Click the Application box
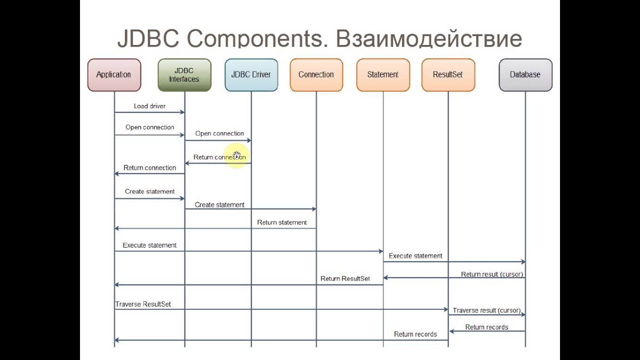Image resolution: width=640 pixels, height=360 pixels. click(x=114, y=75)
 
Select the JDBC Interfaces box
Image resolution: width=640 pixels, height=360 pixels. click(x=184, y=75)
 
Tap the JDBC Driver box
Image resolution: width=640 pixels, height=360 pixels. click(x=251, y=75)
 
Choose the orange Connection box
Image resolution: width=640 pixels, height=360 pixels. click(x=316, y=75)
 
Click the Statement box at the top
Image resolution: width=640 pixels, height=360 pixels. click(x=383, y=75)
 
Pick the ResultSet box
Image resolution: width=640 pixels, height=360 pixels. click(x=448, y=75)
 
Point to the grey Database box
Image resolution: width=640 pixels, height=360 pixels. click(x=525, y=75)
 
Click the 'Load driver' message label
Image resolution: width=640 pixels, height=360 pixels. click(x=149, y=106)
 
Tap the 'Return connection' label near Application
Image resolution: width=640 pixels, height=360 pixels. click(x=149, y=168)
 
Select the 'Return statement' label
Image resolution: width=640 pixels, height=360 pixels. click(x=282, y=222)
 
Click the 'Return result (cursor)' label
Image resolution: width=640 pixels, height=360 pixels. click(x=492, y=274)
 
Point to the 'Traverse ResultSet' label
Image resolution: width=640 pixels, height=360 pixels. click(x=143, y=304)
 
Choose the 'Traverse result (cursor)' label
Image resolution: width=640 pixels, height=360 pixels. click(x=486, y=310)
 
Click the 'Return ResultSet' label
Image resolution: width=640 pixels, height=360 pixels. click(x=345, y=278)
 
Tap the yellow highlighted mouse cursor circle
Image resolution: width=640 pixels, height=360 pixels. click(x=236, y=155)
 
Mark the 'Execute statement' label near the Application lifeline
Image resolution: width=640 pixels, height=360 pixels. click(x=149, y=245)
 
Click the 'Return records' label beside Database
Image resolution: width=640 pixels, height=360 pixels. click(x=486, y=327)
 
